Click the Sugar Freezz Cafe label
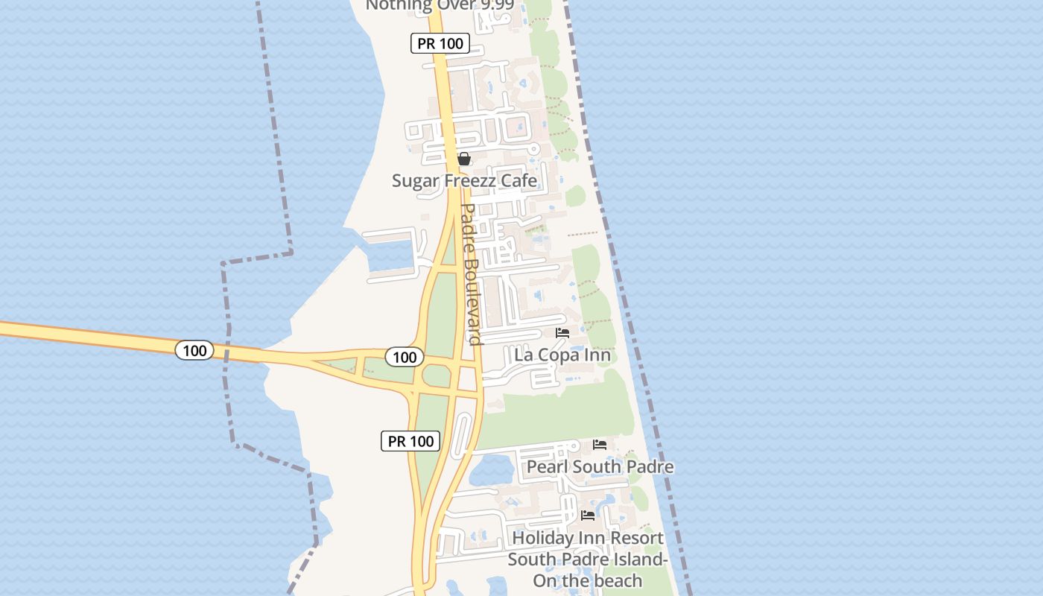464,180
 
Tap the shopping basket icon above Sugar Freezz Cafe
463,159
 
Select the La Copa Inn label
562,355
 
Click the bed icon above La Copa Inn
562,333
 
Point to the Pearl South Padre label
600,467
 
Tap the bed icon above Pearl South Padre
600,445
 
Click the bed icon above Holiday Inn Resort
588,515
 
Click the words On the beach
587,581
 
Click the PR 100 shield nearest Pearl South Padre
410,441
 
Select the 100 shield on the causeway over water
194,349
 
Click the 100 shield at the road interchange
405,357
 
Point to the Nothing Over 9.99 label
431,6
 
